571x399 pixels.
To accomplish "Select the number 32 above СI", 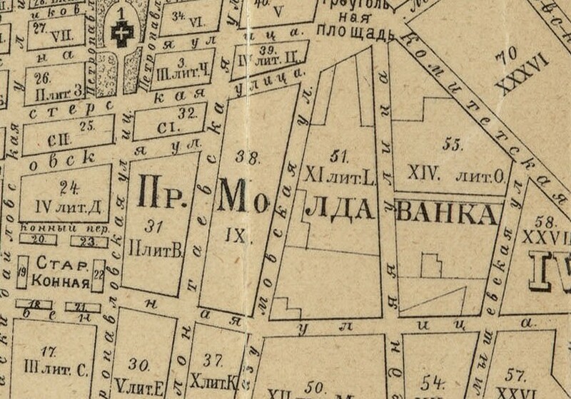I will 187,113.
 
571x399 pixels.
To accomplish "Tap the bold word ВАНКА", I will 446,213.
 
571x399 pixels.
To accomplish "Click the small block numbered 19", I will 22,272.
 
